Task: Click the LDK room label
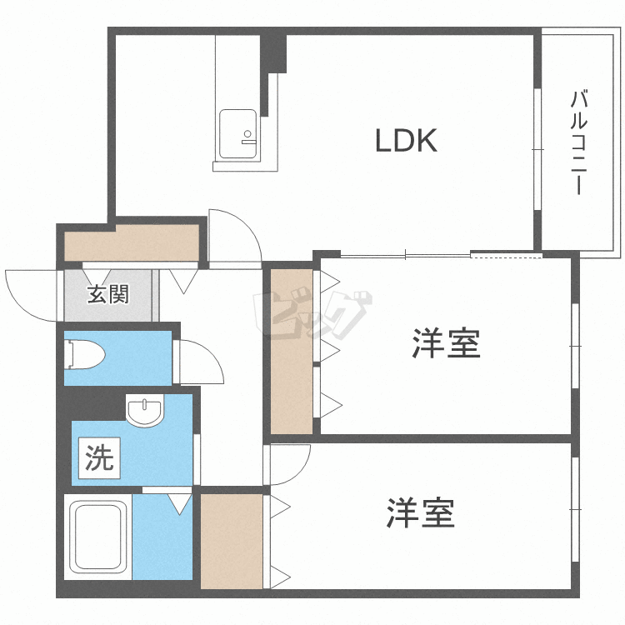[406, 141]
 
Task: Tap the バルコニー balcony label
[577, 142]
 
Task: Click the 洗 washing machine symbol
[99, 457]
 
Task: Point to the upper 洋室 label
[447, 342]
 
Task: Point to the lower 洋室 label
[421, 513]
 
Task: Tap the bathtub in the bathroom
[98, 540]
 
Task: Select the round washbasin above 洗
[146, 410]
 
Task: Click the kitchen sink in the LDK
[237, 132]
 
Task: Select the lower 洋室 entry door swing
[288, 462]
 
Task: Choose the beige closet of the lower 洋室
[231, 542]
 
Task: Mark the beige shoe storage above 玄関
[132, 242]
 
